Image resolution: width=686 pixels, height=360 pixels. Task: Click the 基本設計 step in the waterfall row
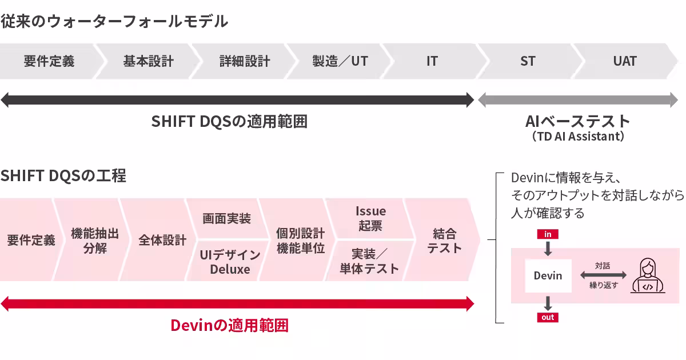click(x=148, y=61)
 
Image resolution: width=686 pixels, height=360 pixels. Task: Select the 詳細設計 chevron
click(x=245, y=61)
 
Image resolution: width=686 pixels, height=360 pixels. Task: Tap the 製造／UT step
click(x=340, y=61)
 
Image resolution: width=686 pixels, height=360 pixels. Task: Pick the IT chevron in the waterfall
click(x=432, y=61)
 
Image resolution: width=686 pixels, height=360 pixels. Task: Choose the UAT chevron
click(x=625, y=61)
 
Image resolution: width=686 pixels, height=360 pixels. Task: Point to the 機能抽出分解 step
click(x=94, y=240)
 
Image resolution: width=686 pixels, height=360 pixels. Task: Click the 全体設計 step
click(x=162, y=240)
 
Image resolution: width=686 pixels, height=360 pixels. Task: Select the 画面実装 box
click(x=226, y=218)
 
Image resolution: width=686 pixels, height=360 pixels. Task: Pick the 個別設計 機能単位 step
click(x=300, y=241)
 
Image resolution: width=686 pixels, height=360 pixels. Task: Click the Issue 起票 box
click(x=370, y=218)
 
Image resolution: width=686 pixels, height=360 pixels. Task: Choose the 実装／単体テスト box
click(x=369, y=262)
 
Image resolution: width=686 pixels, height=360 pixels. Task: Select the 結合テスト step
click(x=444, y=241)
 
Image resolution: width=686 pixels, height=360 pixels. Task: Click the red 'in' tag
click(x=548, y=234)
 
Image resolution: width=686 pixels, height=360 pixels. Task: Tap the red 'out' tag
click(x=548, y=318)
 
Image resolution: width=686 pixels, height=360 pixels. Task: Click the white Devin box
click(x=548, y=276)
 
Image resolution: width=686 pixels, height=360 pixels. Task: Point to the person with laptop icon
click(x=648, y=275)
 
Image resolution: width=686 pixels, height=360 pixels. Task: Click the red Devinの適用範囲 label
click(x=229, y=325)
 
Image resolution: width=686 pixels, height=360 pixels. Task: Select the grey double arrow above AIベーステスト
click(x=578, y=100)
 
